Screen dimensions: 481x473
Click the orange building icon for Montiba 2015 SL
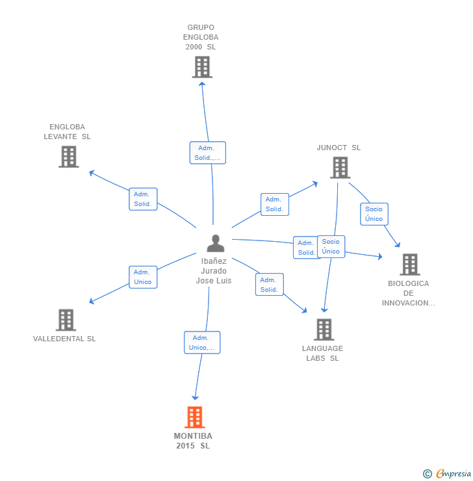(x=194, y=417)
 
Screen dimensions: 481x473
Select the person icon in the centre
(x=215, y=243)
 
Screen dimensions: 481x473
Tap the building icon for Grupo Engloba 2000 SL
(x=202, y=67)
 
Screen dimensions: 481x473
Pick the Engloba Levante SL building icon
(x=68, y=157)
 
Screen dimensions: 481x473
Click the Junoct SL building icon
(x=340, y=167)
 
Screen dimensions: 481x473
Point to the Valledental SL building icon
(x=66, y=320)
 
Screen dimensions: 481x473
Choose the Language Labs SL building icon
(x=324, y=330)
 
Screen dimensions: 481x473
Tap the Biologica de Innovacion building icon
(x=409, y=265)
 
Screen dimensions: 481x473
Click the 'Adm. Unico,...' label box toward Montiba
(x=202, y=343)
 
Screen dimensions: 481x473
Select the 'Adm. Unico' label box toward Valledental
(x=143, y=277)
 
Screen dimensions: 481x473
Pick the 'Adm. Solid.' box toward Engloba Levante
(x=143, y=199)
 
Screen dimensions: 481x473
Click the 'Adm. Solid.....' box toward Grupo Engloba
(x=208, y=153)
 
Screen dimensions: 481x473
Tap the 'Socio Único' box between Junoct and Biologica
(x=374, y=214)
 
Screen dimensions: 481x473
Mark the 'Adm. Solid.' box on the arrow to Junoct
(x=274, y=204)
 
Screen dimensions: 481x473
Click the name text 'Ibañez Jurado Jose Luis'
(x=214, y=270)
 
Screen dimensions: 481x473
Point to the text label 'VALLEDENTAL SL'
(x=64, y=339)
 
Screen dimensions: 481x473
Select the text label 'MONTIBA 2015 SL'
(x=193, y=441)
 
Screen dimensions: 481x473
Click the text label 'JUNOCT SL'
(x=339, y=148)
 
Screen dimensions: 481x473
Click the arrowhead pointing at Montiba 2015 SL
(x=194, y=396)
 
